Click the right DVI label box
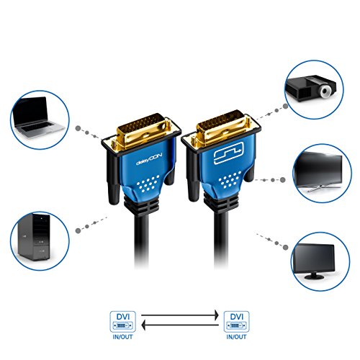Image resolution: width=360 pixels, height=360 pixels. (237, 317)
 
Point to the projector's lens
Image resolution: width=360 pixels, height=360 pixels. (325, 90)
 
